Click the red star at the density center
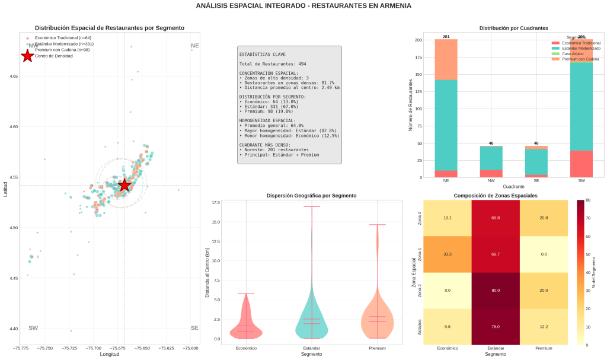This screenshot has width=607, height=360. pos(124,185)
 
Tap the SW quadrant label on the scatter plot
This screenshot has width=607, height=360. pos(33,328)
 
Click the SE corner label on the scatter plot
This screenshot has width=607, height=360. pos(194,328)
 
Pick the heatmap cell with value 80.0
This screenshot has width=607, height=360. pos(496,291)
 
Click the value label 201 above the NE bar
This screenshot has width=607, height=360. pos(446,37)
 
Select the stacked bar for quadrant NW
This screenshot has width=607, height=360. pos(491,161)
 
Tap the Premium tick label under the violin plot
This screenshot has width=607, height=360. pos(377,348)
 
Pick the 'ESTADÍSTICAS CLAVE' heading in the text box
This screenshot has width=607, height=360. pos(262,54)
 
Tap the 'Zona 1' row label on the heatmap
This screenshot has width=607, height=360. pos(420,254)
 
